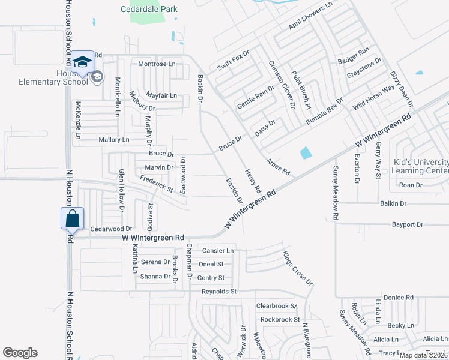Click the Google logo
pyautogui.click(x=20, y=353)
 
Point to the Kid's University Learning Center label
pyautogui.click(x=420, y=166)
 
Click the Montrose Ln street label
pyautogui.click(x=157, y=64)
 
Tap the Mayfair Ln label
pyautogui.click(x=161, y=95)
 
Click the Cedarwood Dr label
pyautogui.click(x=110, y=229)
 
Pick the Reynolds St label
pyautogui.click(x=219, y=291)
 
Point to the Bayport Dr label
pyautogui.click(x=407, y=224)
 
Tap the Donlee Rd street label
pyautogui.click(x=399, y=297)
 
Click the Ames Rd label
pyautogui.click(x=279, y=167)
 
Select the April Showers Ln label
pyautogui.click(x=310, y=16)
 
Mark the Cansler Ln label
pyautogui.click(x=218, y=250)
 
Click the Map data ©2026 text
pyautogui.click(x=423, y=355)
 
